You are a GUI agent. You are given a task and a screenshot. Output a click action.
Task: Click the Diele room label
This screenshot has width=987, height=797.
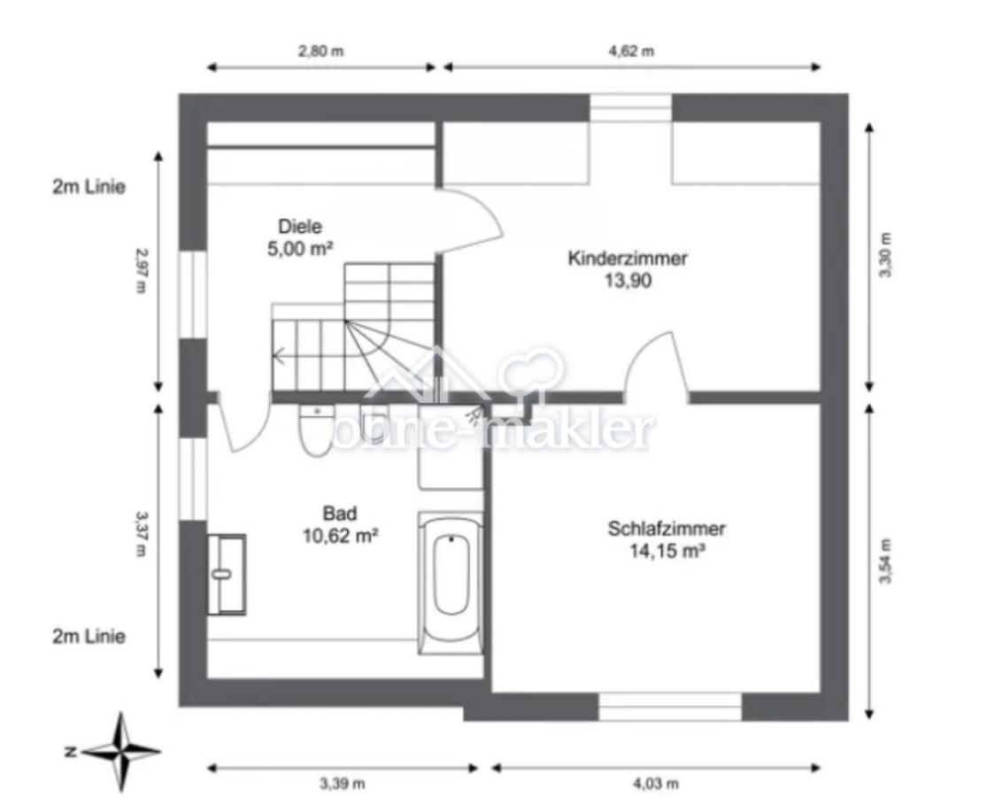pos(300,227)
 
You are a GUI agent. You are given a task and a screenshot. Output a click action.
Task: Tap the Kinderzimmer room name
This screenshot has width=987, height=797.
pos(627,258)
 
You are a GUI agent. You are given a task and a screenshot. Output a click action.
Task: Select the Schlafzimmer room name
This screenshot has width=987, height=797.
pos(666,528)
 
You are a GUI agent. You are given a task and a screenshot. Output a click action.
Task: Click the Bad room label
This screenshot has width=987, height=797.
pos(340,514)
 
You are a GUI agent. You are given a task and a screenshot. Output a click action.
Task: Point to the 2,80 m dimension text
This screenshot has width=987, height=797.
pos(321,51)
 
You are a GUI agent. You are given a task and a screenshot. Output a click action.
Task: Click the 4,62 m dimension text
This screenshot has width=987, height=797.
pos(631,51)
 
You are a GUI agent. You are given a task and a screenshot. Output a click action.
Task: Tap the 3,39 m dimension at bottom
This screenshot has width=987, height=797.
pos(343,784)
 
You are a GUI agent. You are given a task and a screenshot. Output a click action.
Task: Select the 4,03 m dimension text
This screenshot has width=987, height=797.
pos(656,784)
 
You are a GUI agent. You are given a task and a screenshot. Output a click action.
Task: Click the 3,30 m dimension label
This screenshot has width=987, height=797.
pos(886,255)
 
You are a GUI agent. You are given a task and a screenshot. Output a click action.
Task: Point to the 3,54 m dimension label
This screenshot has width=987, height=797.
pos(886,561)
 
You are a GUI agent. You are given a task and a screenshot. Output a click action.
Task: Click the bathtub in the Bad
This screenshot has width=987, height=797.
pos(451,583)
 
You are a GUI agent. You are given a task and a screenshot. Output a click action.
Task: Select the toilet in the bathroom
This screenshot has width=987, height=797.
pos(316,430)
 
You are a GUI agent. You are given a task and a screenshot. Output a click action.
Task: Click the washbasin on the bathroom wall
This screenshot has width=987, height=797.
pos(227,574)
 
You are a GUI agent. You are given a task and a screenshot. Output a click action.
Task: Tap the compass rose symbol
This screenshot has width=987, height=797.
pos(120,751)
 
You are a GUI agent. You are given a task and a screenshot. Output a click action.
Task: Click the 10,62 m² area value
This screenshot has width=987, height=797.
pos(340,537)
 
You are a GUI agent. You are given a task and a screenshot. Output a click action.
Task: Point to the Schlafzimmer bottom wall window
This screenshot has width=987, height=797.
pos(670,707)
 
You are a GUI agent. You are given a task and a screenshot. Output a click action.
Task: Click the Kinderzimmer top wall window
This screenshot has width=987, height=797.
pos(631,108)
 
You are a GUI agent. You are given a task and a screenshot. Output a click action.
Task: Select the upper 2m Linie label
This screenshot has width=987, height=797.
pos(89,187)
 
